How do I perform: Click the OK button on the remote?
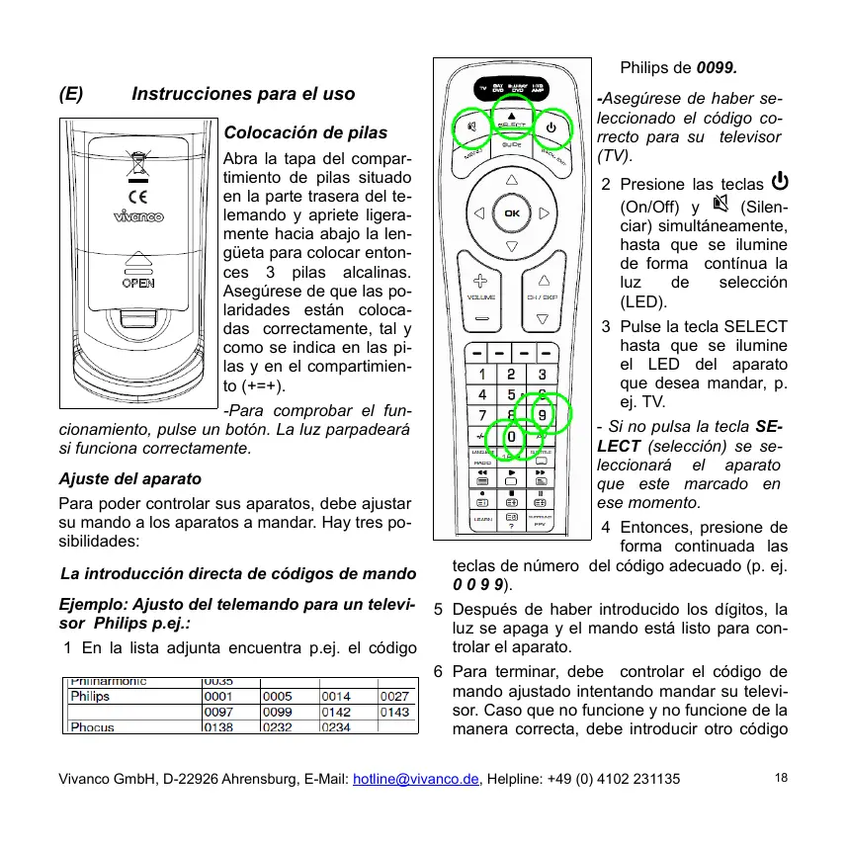coord(511,212)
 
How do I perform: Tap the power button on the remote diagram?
coord(551,127)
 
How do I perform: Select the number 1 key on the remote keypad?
coord(481,375)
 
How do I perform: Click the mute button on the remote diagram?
coord(472,127)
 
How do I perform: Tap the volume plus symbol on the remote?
coord(481,281)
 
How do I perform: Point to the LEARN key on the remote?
coord(482,518)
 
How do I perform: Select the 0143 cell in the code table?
coord(395,712)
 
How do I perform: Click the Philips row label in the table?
coord(90,696)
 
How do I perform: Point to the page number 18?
coord(782,778)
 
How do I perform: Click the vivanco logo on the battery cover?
coord(137,216)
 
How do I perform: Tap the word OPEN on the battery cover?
coord(137,283)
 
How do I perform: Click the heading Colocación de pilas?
coord(306,132)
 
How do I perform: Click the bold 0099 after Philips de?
coord(717,68)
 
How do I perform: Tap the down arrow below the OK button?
coord(511,246)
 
